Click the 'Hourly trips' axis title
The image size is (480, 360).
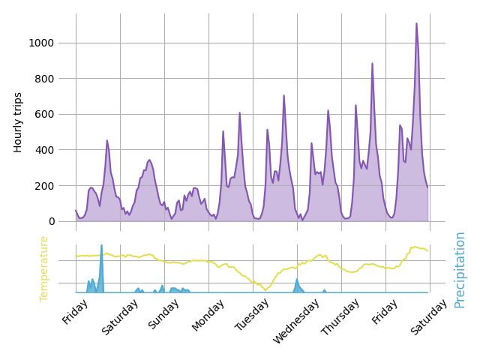(19, 122)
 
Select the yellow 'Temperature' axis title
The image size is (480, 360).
(44, 268)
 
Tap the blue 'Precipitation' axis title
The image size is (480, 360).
(460, 269)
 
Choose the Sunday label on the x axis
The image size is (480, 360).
(165, 313)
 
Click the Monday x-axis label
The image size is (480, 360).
(208, 313)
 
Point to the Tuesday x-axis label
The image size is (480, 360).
(253, 314)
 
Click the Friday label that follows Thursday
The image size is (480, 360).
(386, 310)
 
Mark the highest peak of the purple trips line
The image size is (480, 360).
(417, 23)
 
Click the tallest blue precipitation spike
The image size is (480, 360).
(101, 245)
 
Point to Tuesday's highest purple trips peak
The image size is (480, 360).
(283, 95)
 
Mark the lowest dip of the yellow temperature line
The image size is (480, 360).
(264, 289)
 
